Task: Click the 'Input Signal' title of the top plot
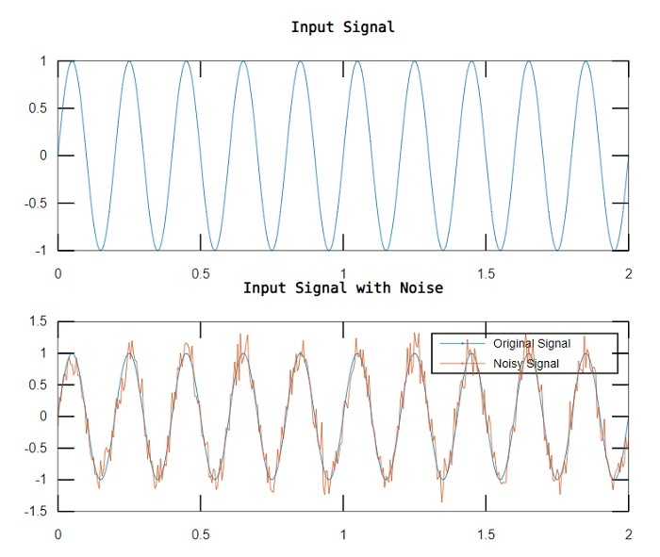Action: (x=342, y=27)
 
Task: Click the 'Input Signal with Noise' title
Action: (x=342, y=288)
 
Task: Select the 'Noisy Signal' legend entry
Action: (x=525, y=364)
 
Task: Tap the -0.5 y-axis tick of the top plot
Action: (x=34, y=204)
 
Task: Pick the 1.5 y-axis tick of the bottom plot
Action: (x=38, y=321)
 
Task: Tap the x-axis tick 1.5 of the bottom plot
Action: (x=487, y=533)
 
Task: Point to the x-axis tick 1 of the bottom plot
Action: (x=343, y=533)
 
